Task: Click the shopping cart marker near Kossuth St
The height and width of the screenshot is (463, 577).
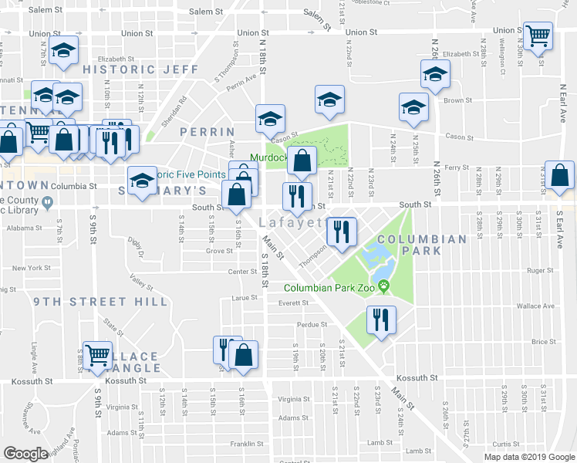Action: point(97,356)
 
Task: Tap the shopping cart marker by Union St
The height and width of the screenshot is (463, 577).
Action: point(538,35)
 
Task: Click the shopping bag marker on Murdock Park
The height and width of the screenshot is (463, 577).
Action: point(302,161)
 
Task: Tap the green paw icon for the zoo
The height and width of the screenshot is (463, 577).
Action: point(383,287)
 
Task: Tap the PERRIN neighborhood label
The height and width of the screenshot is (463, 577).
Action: point(207,132)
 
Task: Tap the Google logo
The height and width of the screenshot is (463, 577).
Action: point(25,454)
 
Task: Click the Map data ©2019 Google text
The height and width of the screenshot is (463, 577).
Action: point(528,457)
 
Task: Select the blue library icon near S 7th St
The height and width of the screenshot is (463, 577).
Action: point(48,204)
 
